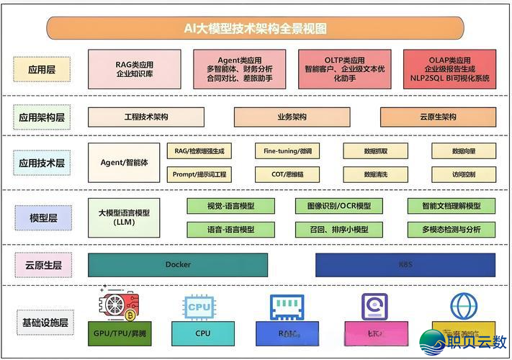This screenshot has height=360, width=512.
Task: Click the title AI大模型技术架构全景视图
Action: click(x=256, y=28)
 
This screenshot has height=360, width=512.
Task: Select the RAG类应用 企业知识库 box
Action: click(x=134, y=69)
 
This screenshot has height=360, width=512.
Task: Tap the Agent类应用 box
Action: click(x=239, y=69)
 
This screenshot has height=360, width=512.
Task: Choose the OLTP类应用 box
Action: click(x=344, y=69)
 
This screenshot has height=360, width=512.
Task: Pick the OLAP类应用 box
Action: click(x=449, y=69)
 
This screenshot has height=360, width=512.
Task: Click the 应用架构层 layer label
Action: click(x=42, y=117)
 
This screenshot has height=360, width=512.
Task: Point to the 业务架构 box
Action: click(x=292, y=117)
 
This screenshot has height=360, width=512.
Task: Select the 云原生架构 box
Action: click(x=438, y=117)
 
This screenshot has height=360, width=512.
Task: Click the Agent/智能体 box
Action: click(x=124, y=163)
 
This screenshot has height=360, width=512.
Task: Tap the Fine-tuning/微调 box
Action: click(x=287, y=151)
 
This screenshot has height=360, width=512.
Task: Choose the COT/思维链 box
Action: click(x=287, y=174)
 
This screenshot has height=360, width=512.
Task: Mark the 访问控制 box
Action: click(x=464, y=174)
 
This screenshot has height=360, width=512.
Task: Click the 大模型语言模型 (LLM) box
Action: click(x=124, y=217)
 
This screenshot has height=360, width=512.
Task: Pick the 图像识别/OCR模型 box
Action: click(x=333, y=206)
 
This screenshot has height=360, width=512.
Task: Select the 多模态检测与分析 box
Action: click(x=452, y=229)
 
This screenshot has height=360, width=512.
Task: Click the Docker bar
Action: click(x=178, y=265)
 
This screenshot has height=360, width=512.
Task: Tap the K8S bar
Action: click(x=405, y=265)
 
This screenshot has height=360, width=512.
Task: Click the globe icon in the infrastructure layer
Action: click(x=464, y=306)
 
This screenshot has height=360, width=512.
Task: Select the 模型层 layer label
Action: click(x=42, y=217)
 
